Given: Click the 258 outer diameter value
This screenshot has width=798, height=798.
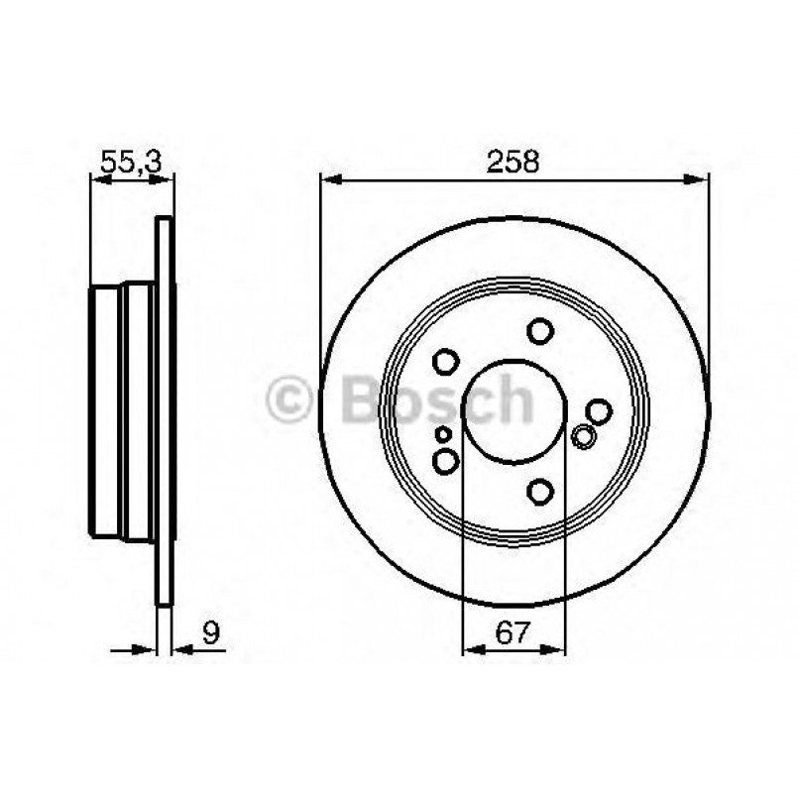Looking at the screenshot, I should point(513,162).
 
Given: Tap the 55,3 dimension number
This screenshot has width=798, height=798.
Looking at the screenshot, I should point(131,162).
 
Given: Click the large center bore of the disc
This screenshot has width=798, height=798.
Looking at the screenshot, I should point(513,406).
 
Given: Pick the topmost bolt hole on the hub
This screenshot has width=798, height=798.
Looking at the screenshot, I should point(539,330).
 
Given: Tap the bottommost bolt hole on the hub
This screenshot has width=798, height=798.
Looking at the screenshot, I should point(539,490).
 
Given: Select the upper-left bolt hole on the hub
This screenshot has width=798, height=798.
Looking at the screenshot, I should point(446,361).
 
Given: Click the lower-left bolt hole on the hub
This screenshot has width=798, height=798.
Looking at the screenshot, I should point(446,460).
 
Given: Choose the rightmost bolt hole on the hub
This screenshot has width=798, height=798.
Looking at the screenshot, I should point(598,409).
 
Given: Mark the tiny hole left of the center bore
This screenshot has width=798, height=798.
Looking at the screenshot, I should point(443,434).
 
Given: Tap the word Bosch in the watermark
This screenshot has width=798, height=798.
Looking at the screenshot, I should point(436,401).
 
